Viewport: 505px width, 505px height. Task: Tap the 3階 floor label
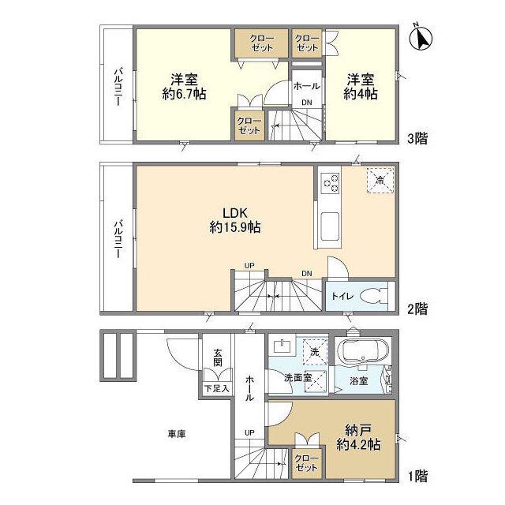coord(417,139)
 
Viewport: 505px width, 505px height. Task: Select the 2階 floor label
coord(417,309)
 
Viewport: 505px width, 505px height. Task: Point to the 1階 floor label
coord(417,476)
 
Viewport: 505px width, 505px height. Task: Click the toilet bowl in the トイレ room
coord(373,296)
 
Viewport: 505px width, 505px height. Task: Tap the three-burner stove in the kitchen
coord(331,183)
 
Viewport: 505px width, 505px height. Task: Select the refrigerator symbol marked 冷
coord(380,180)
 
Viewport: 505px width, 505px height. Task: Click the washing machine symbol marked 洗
coord(315,352)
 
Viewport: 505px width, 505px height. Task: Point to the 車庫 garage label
coord(177,434)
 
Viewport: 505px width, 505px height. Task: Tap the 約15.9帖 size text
coord(235,227)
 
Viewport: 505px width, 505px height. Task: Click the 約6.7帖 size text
coord(184,94)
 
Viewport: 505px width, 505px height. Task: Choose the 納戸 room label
coord(359,429)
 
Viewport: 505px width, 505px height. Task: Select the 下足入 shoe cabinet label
coord(217,388)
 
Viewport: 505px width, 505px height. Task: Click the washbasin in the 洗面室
coord(282,346)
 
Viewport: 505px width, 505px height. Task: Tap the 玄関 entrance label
coord(218,357)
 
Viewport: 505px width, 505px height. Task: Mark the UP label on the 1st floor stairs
coord(249,432)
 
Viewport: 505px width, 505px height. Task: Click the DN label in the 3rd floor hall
coord(307,103)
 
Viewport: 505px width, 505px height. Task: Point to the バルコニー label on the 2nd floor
coord(118,238)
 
